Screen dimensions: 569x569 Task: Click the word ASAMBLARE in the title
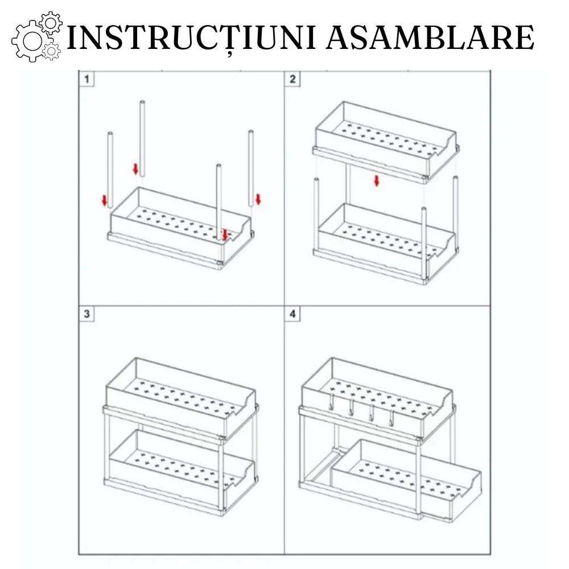pos(432,38)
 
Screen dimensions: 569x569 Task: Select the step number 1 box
pos(86,79)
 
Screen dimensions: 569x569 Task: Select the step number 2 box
pos(292,79)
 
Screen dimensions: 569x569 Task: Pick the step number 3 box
pos(86,314)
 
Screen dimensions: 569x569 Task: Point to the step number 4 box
pos(292,314)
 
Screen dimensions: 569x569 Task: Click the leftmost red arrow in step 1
pos(104,200)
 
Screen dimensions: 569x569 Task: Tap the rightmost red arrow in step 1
pos(258,199)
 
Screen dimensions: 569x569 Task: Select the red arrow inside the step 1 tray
pos(225,234)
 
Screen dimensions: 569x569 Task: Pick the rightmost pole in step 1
pos(250,168)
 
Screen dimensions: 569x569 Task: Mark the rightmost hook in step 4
pos(391,418)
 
